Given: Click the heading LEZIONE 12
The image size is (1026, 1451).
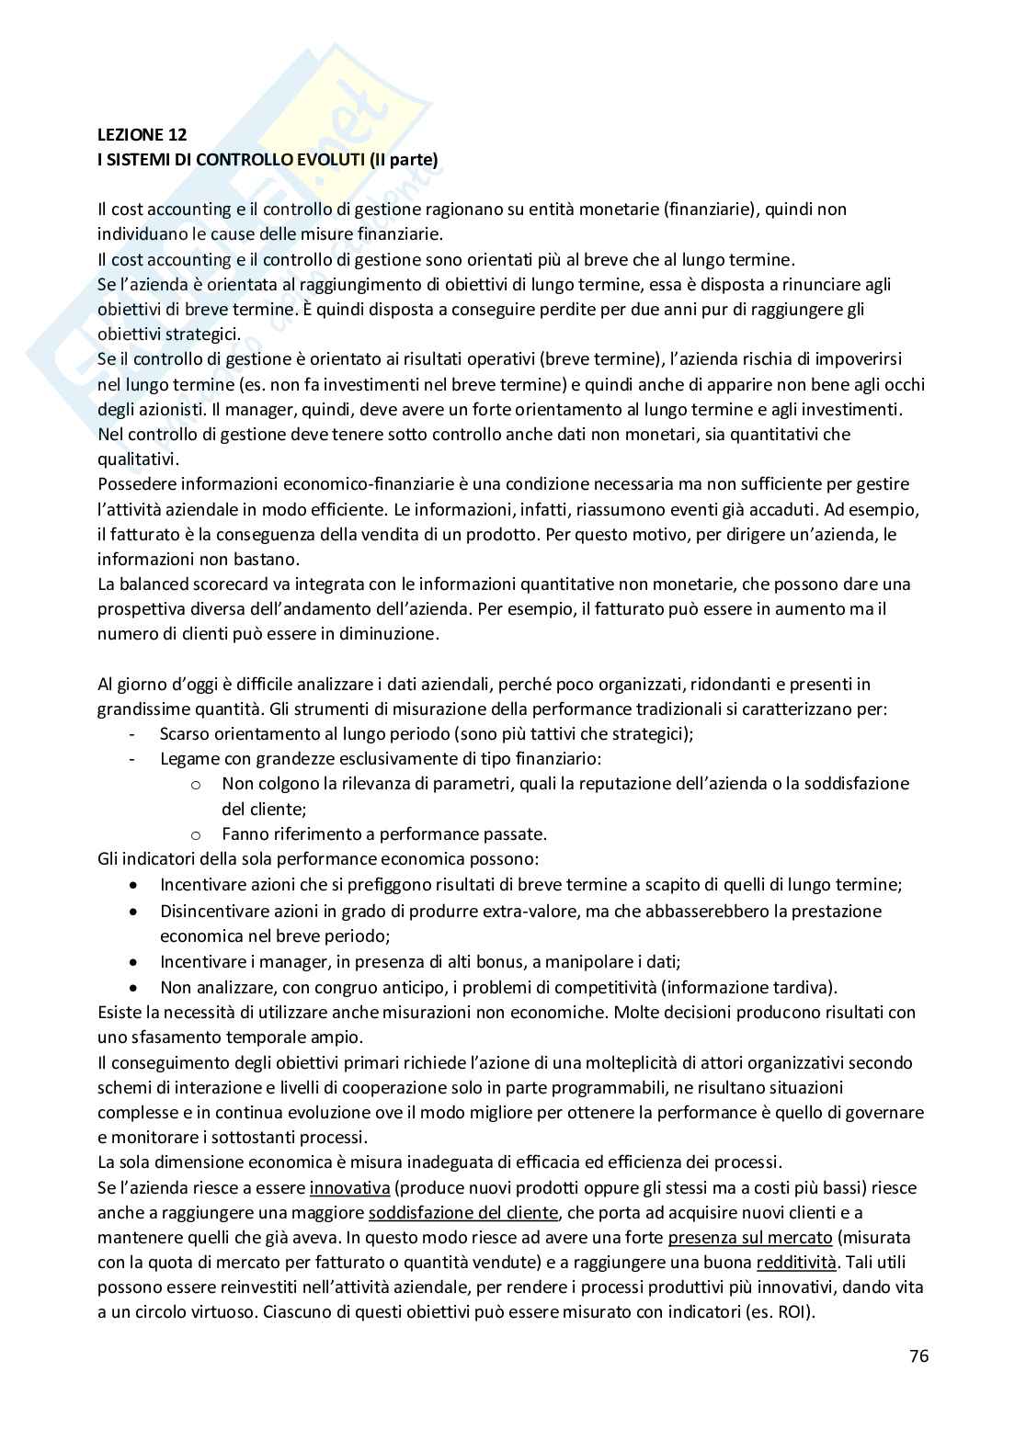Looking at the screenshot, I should tap(142, 134).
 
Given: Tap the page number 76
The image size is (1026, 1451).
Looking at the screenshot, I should tap(918, 1355).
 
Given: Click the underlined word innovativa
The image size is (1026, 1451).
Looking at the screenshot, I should tap(349, 1187).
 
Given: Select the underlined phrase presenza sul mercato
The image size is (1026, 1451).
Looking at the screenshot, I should tap(750, 1237).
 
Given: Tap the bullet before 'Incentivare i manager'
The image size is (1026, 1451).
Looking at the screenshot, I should tap(135, 962).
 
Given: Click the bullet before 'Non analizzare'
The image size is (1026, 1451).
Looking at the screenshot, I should tap(135, 988).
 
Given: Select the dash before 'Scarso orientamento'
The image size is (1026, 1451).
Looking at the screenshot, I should tap(133, 733).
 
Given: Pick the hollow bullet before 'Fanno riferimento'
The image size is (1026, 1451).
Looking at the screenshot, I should tap(195, 834).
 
